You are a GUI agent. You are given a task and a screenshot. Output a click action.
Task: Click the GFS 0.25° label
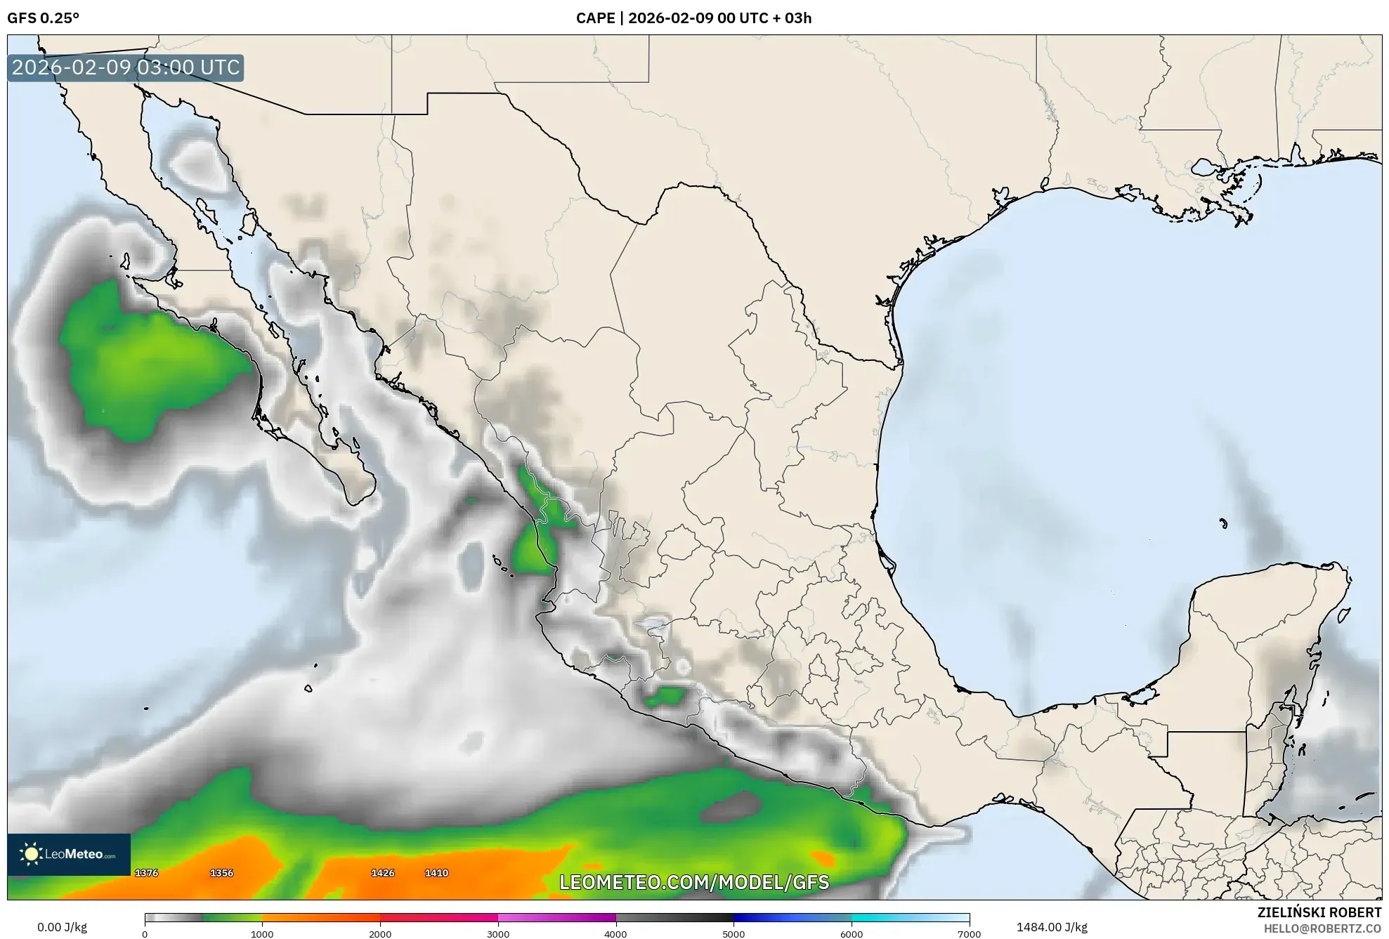[44, 18]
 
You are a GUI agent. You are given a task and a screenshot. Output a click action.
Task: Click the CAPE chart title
[693, 18]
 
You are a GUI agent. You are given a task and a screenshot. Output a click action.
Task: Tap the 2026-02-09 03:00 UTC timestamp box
[126, 67]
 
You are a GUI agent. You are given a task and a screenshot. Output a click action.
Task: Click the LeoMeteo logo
[69, 855]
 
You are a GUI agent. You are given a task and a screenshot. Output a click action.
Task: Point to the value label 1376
[147, 873]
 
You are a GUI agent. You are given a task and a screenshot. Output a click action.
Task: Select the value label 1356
[222, 873]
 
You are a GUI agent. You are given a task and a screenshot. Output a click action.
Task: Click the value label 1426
[383, 873]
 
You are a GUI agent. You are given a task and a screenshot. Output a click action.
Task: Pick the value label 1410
[436, 873]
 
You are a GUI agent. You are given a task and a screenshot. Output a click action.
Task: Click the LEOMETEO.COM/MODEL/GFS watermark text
[694, 882]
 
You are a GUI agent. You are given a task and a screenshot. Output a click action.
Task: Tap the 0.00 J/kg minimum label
[62, 927]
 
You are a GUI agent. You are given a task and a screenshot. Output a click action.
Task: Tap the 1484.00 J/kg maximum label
[1052, 927]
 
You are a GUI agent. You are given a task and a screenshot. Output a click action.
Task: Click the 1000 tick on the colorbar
[262, 934]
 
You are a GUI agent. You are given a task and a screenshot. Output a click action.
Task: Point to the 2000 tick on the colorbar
[380, 934]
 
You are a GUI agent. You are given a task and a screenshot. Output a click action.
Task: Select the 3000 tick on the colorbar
[498, 934]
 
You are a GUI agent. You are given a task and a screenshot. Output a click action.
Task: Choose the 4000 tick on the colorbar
[616, 934]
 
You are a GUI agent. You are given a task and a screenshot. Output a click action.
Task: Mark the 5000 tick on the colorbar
[733, 934]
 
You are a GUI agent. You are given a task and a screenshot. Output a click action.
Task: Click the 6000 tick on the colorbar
[852, 934]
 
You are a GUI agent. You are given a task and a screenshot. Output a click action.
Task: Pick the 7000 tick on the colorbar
[970, 934]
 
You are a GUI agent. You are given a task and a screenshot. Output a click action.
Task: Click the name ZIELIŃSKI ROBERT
[1319, 912]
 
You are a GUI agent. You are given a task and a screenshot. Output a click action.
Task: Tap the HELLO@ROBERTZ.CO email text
[1322, 928]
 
